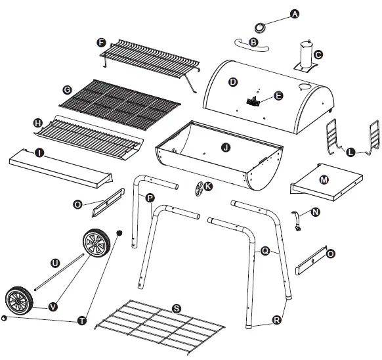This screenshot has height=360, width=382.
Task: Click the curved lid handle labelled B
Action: [245, 43]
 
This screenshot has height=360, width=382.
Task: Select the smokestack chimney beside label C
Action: [305, 55]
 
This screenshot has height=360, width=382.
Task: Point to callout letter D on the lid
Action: [232, 81]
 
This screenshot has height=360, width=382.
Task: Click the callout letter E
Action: [278, 96]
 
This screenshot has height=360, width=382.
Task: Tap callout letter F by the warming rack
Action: [101, 43]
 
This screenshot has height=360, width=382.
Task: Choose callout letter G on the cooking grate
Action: [66, 90]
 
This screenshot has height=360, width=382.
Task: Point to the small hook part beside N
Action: [299, 221]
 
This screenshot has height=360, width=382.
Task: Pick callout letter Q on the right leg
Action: [266, 249]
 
